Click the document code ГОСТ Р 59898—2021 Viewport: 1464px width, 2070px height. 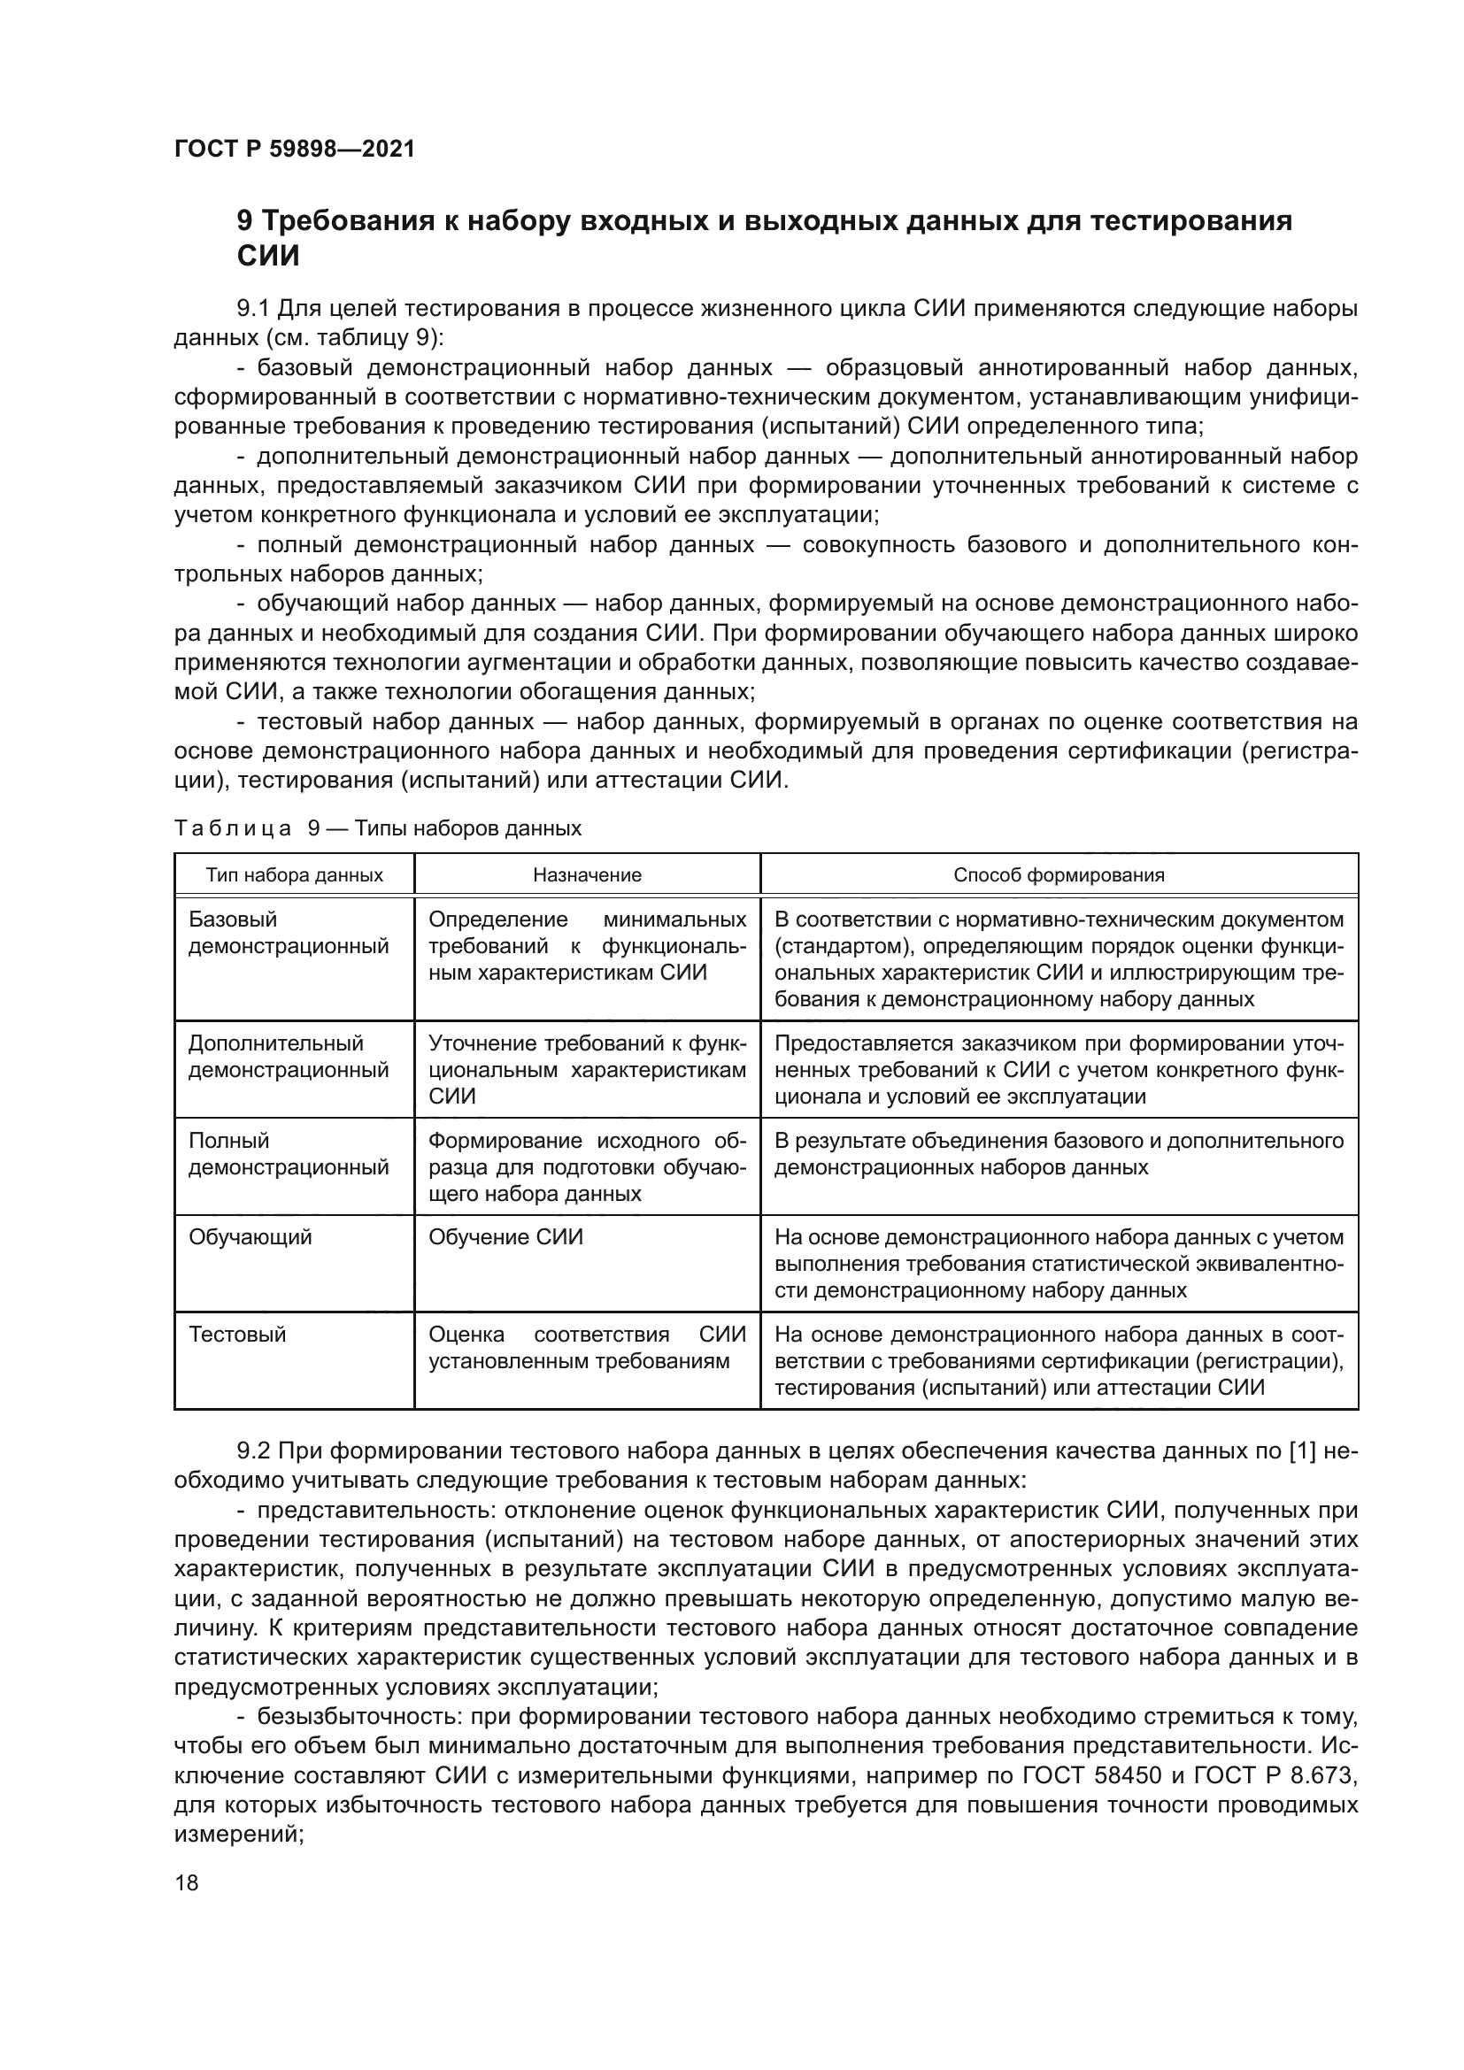(x=294, y=149)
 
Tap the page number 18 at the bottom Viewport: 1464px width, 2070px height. (x=187, y=1882)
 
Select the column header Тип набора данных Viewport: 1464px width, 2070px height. (x=294, y=874)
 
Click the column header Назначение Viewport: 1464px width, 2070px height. (x=587, y=874)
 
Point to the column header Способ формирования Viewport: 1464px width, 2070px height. (x=1059, y=874)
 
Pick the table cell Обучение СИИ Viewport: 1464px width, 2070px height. (x=505, y=1237)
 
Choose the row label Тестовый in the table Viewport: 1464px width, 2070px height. (x=237, y=1335)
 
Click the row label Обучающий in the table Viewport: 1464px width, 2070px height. (x=250, y=1237)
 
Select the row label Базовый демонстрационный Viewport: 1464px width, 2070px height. (x=289, y=933)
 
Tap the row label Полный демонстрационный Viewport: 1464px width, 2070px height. (x=289, y=1154)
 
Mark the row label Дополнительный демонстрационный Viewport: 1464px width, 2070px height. (x=289, y=1057)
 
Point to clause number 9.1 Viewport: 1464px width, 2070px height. (x=253, y=309)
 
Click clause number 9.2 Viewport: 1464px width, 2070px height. (x=253, y=1451)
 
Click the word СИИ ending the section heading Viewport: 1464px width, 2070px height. (x=267, y=257)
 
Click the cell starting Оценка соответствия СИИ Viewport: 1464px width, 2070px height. (x=587, y=1348)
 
